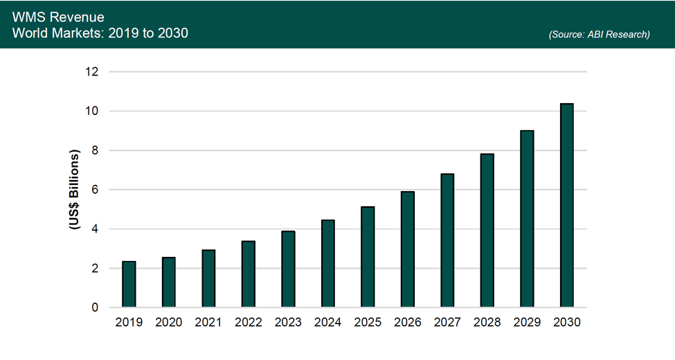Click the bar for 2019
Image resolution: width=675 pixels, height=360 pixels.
[129, 285]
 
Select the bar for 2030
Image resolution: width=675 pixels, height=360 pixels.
[566, 206]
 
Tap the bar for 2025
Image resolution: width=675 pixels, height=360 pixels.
[368, 257]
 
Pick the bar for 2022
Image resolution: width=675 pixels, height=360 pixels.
[248, 274]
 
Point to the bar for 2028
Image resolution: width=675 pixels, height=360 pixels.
[487, 231]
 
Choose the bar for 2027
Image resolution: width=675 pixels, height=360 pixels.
[447, 241]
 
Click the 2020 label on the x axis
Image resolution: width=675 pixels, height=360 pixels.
[168, 323]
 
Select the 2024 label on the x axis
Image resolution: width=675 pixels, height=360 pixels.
[327, 323]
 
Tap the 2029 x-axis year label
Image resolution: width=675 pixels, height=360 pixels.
[527, 323]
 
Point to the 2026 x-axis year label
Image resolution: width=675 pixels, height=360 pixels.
[407, 323]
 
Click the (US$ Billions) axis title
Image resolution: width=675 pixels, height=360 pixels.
[75, 190]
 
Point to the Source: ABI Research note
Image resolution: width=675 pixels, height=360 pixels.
[599, 34]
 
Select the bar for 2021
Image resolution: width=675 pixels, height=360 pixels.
[208, 279]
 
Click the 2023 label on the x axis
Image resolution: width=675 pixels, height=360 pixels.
[288, 323]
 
